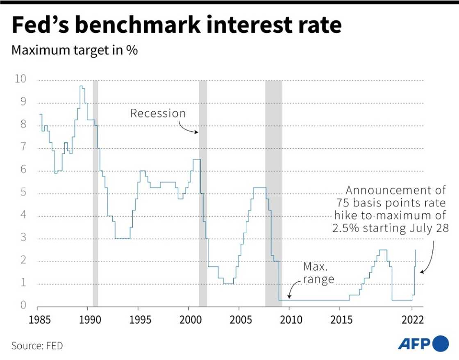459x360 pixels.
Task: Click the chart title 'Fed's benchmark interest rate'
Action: [x=176, y=25]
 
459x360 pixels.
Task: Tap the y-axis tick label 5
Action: [x=23, y=192]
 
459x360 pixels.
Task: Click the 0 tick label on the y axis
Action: [x=23, y=305]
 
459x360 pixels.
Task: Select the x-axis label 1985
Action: [x=37, y=320]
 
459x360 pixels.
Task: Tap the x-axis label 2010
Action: [x=289, y=320]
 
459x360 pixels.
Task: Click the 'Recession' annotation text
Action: [x=158, y=113]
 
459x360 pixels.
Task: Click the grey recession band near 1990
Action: [x=95, y=192]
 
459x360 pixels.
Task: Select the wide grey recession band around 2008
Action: [x=273, y=192]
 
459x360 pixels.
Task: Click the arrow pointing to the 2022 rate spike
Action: [x=428, y=258]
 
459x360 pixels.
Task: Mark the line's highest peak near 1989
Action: [x=82, y=86]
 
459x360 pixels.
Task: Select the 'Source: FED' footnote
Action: [x=37, y=346]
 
